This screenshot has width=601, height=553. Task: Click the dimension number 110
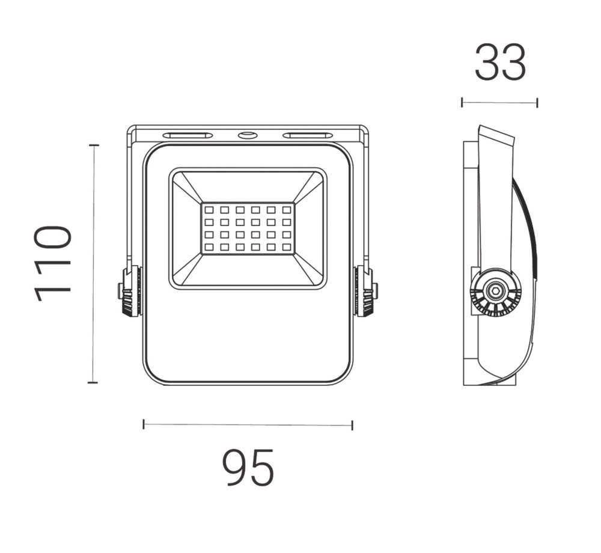[x=53, y=263]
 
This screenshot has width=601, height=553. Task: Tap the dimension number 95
[x=248, y=468]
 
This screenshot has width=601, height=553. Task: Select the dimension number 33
[x=500, y=63]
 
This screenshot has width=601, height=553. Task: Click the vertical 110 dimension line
[x=93, y=263]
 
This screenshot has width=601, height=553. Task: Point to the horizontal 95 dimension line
[x=248, y=425]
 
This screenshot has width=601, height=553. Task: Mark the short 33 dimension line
[x=499, y=102]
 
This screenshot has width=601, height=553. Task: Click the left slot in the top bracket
[x=188, y=135]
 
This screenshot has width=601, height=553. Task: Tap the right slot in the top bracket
[x=308, y=135]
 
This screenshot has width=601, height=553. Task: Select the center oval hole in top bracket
[x=247, y=135]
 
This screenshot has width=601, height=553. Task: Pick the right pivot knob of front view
[x=365, y=292]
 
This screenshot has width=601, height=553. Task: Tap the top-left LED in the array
[x=209, y=210]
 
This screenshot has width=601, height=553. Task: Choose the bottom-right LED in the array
[x=286, y=247]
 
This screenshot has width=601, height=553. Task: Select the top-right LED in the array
[x=286, y=210]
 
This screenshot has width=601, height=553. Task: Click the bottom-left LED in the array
[x=209, y=247]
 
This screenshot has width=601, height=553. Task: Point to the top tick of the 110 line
[x=93, y=145]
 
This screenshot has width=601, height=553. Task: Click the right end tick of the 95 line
[x=352, y=425]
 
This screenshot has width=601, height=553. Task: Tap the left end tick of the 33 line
[x=462, y=102]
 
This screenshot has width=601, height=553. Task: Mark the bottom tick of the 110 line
[x=93, y=382]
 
